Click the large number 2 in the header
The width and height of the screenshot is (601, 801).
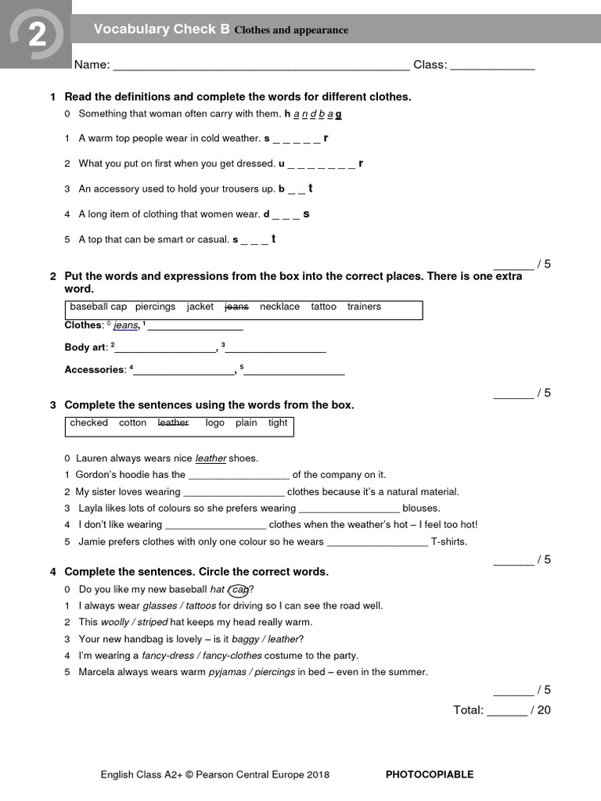click(36, 35)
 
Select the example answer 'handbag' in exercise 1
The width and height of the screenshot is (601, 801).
click(313, 114)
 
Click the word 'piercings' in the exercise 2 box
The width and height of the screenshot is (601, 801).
click(155, 307)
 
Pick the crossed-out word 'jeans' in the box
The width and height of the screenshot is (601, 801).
click(236, 307)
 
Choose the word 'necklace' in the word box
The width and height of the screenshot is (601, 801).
click(279, 307)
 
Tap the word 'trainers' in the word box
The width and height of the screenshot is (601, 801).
click(364, 307)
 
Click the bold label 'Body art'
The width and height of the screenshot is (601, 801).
click(85, 347)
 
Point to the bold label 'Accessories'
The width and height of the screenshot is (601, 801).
click(94, 370)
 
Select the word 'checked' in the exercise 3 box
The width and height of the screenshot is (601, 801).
click(89, 422)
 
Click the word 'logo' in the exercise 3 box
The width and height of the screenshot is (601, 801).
click(214, 422)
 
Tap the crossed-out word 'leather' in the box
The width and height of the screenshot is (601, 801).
click(173, 422)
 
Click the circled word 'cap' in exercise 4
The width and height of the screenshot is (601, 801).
click(240, 590)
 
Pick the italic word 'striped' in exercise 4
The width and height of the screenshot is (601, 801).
click(153, 623)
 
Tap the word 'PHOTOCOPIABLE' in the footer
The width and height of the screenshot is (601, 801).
click(430, 774)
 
